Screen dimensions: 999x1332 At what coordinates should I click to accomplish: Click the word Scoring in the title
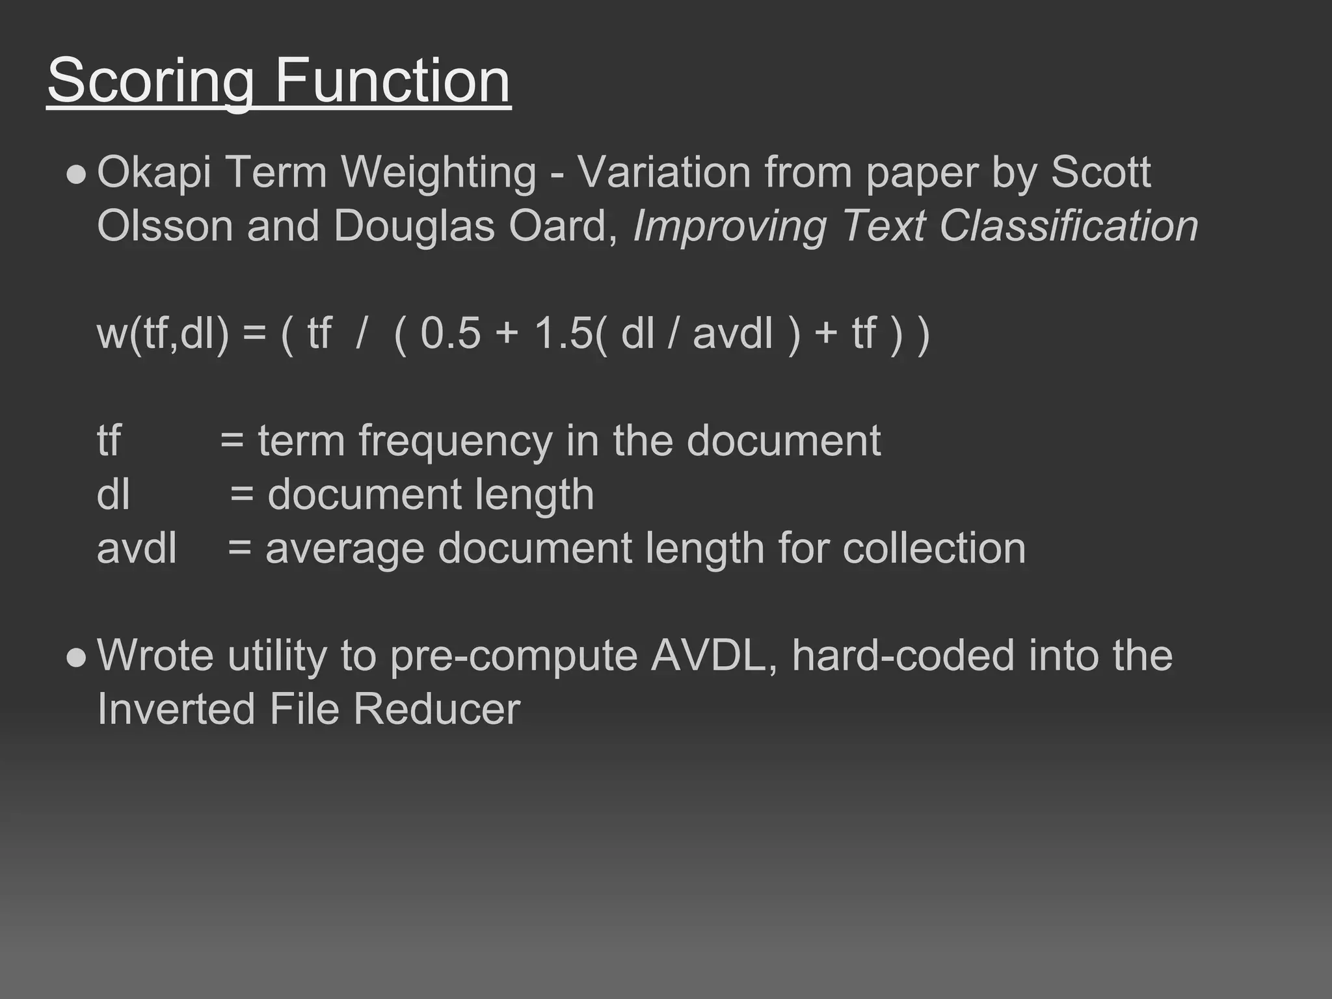[x=150, y=81]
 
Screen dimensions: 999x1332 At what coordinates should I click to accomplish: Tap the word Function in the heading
[x=392, y=81]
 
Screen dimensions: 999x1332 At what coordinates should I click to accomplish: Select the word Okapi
[x=154, y=174]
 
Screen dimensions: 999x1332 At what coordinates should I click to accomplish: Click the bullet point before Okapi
[x=76, y=174]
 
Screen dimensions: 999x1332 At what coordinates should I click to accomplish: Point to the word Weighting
[x=439, y=174]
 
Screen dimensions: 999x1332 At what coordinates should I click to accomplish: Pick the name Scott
[x=1100, y=172]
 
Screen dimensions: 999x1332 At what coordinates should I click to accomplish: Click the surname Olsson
[x=165, y=226]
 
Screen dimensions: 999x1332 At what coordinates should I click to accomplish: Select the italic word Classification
[x=1068, y=226]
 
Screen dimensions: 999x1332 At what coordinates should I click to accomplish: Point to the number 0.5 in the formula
[x=450, y=333]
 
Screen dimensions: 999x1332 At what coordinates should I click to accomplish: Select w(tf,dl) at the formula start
[x=163, y=333]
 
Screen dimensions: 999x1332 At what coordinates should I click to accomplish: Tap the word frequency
[x=455, y=442]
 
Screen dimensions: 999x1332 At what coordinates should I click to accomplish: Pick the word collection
[x=934, y=548]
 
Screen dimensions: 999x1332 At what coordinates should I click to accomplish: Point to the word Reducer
[x=436, y=709]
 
